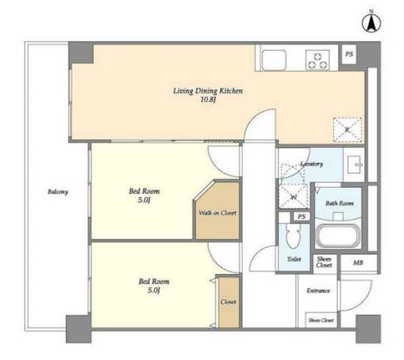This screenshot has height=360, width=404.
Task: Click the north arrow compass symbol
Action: click(371, 24)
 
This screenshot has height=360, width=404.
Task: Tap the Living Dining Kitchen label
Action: click(208, 91)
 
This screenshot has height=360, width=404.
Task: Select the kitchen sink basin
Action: click(273, 60)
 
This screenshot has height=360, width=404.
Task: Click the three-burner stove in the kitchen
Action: click(318, 60)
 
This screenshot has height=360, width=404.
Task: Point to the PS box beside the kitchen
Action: click(349, 55)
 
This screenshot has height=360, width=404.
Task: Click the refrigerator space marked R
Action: click(347, 130)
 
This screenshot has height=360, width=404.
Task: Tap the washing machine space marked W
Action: click(294, 196)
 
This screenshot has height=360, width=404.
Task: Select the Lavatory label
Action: click(312, 164)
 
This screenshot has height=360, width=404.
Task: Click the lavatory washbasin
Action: click(354, 165)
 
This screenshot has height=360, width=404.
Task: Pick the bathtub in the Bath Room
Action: click(338, 237)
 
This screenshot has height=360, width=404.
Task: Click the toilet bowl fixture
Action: click(294, 235)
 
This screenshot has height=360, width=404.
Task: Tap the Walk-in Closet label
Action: click(218, 213)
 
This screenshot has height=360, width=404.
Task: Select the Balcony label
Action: click(58, 192)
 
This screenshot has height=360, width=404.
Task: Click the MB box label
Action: click(358, 262)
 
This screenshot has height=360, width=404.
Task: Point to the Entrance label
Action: click(318, 291)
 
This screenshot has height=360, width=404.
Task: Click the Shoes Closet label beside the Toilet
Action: click(324, 262)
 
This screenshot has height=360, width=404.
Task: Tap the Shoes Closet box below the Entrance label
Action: click(321, 320)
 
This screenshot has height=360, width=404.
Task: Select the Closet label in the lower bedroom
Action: click(228, 302)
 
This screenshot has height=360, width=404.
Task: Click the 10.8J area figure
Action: click(208, 100)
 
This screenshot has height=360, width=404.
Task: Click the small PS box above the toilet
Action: click(302, 217)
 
